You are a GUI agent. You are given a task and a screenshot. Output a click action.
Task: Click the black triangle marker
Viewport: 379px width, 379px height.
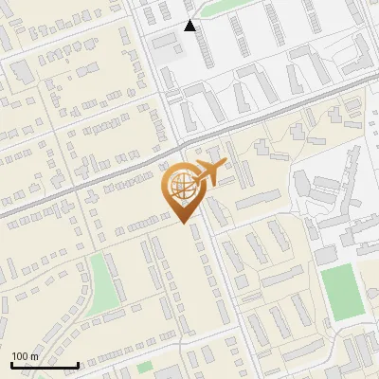[189, 26]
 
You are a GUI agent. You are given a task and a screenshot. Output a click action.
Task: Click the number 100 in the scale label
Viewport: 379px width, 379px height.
[20, 356]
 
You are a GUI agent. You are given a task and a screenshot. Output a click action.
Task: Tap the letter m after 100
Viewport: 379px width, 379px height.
[34, 356]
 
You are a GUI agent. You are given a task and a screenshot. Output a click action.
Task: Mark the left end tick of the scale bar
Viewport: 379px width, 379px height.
[11, 363]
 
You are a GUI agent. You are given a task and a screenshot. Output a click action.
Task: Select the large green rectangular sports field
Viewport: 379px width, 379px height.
[341, 292]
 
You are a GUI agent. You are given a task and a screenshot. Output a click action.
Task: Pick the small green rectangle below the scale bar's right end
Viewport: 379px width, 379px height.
[144, 367]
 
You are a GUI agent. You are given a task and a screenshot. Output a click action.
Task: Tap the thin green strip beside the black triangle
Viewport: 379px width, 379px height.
[225, 8]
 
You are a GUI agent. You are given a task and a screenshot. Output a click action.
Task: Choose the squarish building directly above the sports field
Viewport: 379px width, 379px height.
[326, 255]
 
